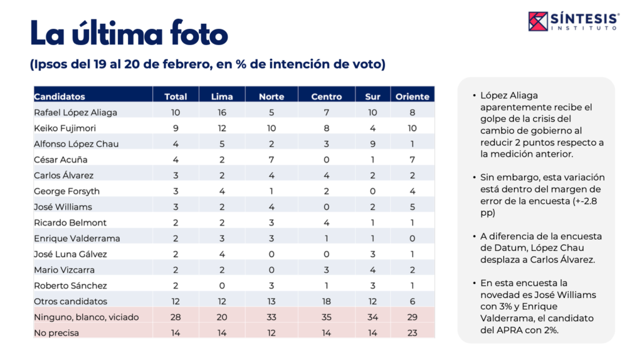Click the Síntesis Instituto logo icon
tap(538, 21)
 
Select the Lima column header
tap(222, 97)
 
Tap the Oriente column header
tap(413, 97)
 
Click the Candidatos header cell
tap(60, 97)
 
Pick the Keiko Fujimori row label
tap(64, 128)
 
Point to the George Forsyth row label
tap(66, 191)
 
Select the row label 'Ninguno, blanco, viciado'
tap(86, 317)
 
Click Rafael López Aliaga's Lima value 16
tap(222, 112)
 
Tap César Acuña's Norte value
tap(271, 159)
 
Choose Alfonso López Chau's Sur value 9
tap(372, 144)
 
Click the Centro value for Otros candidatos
tap(327, 302)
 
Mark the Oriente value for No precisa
tap(413, 333)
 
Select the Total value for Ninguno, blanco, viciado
tap(176, 317)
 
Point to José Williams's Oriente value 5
tap(413, 206)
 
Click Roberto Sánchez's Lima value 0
tap(222, 285)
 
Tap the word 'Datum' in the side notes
tap(495, 248)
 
